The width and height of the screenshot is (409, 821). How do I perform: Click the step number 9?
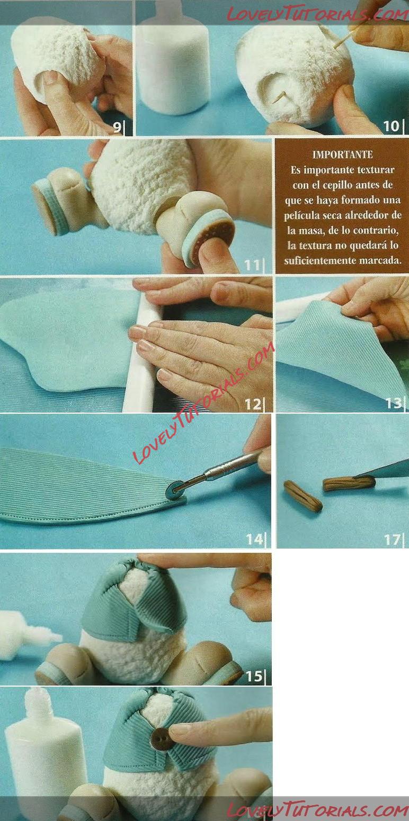117,127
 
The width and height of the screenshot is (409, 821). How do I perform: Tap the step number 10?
392,126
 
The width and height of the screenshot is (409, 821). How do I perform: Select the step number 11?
252,264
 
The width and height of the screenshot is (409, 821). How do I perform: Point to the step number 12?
253,404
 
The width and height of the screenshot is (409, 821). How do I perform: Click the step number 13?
394,403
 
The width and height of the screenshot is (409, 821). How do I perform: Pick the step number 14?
254,539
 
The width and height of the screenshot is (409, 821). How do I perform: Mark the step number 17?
392,540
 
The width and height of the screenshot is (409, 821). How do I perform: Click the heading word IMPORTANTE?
343,154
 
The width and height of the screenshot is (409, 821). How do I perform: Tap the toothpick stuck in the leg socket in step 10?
281,98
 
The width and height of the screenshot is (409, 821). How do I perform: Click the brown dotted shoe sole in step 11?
214,234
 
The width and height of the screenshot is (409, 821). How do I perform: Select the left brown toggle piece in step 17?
303,496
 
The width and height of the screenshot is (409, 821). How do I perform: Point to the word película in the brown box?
301,215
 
